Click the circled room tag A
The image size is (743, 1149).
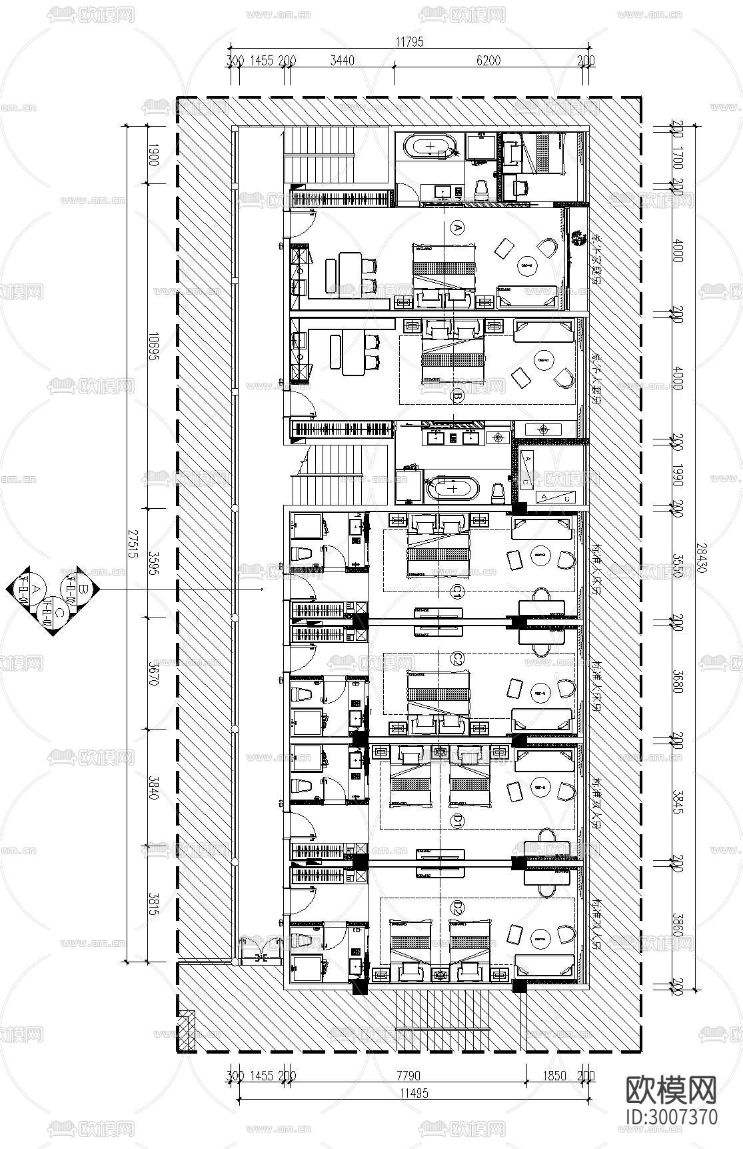tap(457, 228)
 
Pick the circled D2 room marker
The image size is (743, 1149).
tap(457, 907)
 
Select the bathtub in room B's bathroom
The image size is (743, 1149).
tap(452, 489)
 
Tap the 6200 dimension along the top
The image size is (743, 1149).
tap(488, 61)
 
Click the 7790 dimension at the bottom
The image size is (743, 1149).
tap(407, 1076)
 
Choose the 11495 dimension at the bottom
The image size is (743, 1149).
tap(414, 1093)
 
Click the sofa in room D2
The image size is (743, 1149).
tap(542, 968)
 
